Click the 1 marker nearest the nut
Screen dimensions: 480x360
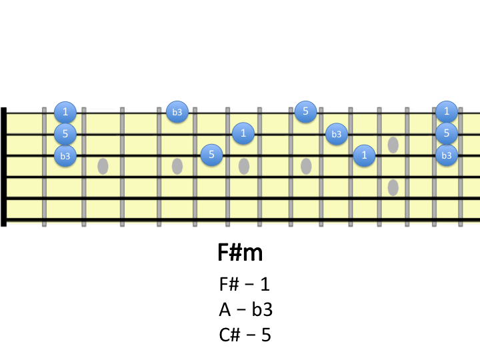coord(65,111)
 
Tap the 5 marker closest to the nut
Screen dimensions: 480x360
coord(65,133)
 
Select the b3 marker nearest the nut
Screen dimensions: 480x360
coord(65,156)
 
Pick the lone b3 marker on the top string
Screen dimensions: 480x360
coord(177,111)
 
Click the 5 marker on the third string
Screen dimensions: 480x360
coord(211,155)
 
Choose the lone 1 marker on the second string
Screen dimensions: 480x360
coord(243,133)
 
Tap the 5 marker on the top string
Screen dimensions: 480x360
coord(305,111)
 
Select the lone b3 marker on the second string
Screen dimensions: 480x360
coord(337,134)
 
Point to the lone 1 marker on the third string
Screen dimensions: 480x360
coord(364,156)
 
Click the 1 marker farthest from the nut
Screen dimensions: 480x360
coord(446,111)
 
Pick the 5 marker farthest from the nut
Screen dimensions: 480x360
coord(446,133)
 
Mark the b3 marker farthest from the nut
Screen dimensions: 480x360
coord(446,156)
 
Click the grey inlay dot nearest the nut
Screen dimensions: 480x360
coord(103,166)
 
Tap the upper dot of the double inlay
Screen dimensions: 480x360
coord(393,144)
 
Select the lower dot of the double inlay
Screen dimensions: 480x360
coord(393,187)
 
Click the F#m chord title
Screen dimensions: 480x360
coord(240,253)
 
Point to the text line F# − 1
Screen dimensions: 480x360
coord(245,284)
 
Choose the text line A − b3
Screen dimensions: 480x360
coord(245,309)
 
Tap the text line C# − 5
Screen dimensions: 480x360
coord(245,335)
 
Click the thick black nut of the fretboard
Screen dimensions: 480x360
coord(4,166)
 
